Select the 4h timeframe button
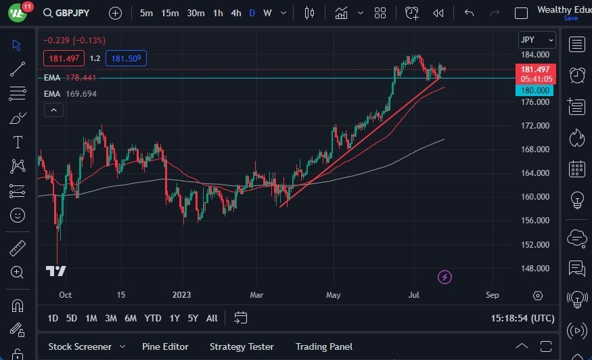point(235,13)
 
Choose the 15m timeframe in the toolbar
point(170,13)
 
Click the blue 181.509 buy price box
point(126,58)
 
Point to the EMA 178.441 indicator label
point(70,78)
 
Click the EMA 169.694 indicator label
point(70,93)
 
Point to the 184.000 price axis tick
point(534,55)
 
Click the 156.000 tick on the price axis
point(534,221)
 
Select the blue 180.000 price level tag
point(534,91)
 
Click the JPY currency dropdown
point(537,40)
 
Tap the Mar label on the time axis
point(257,295)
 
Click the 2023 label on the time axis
point(182,295)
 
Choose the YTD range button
point(153,318)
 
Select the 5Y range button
point(193,318)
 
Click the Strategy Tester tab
point(242,346)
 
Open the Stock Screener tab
point(80,346)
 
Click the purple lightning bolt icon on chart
point(445,277)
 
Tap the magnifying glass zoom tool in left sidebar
point(18,272)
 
